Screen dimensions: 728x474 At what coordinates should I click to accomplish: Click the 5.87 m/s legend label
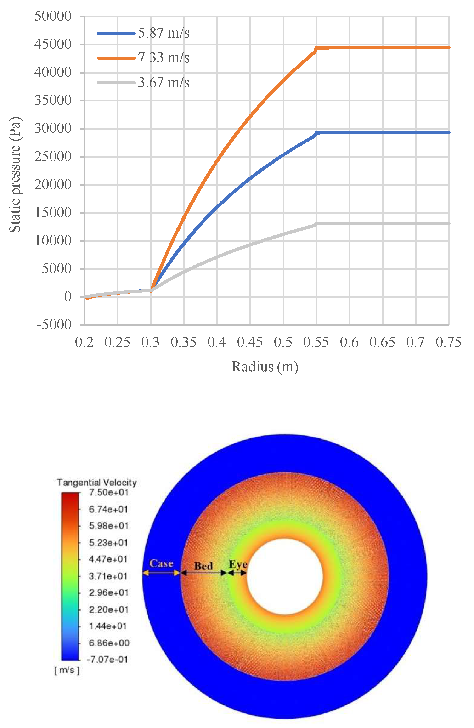[164, 33]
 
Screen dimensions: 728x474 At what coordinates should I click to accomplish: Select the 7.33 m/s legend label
[164, 58]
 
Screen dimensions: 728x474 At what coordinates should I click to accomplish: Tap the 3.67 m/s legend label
[164, 83]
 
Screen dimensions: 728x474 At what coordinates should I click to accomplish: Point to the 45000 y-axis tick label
[53, 44]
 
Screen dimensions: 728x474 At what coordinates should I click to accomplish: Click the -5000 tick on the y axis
[54, 324]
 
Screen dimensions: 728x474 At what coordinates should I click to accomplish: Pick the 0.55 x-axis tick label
[316, 342]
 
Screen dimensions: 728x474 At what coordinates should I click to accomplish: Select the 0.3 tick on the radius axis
[150, 342]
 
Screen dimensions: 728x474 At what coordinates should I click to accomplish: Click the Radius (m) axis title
[265, 367]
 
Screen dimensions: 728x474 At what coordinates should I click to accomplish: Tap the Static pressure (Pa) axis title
[15, 174]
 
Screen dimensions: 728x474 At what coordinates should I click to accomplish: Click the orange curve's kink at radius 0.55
[316, 48]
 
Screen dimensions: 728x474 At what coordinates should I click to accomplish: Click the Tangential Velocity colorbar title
[97, 482]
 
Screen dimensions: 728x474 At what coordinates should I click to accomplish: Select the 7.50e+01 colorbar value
[108, 492]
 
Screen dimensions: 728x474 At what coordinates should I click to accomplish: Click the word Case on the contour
[161, 563]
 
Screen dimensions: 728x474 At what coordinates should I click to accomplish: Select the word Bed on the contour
[203, 566]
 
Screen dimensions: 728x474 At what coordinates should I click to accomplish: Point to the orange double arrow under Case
[161, 573]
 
